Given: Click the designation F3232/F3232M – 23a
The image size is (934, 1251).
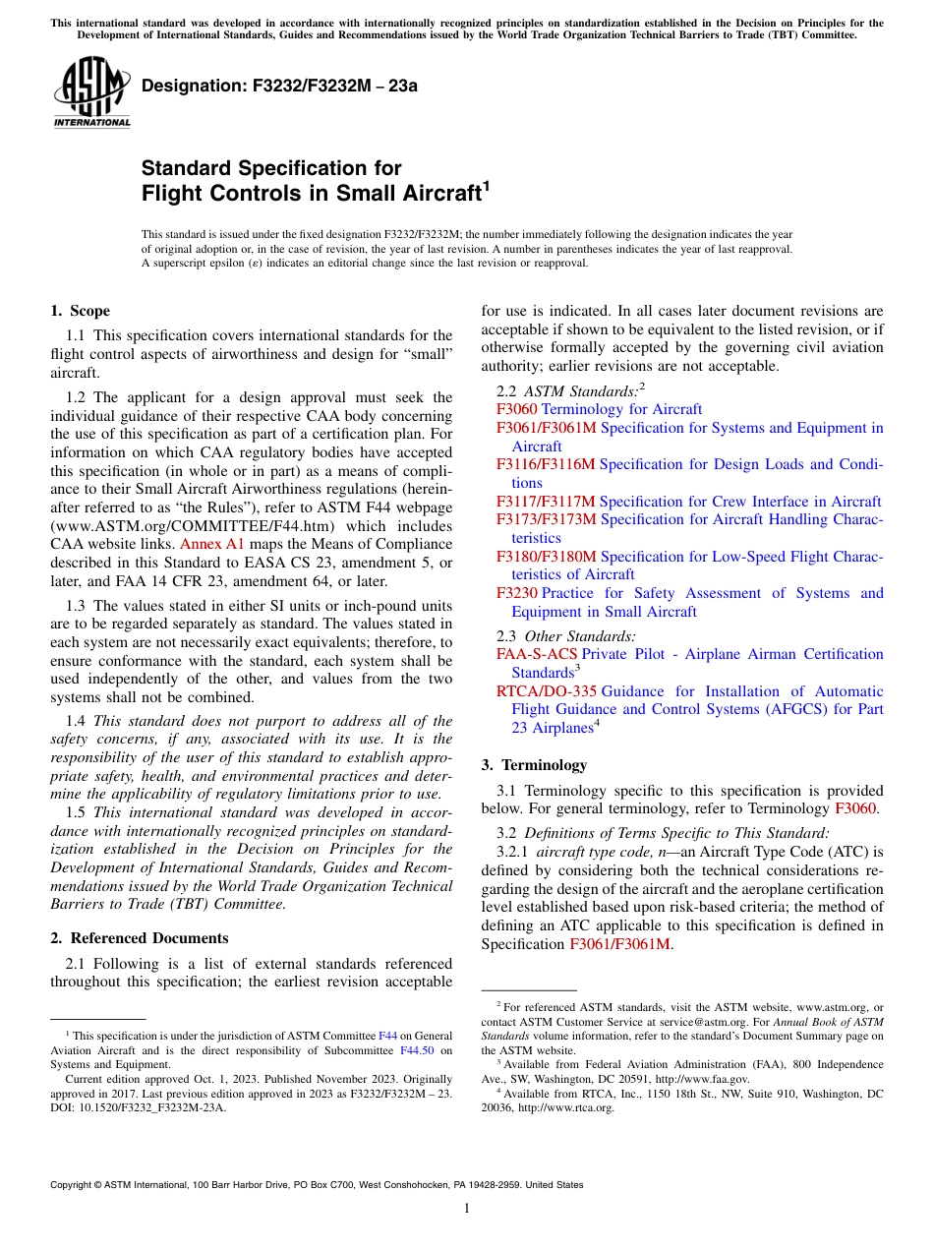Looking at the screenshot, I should [x=279, y=86].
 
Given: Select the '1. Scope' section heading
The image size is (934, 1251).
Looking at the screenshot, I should [x=80, y=312].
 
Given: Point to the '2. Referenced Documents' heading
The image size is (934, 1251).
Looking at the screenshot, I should [x=139, y=938].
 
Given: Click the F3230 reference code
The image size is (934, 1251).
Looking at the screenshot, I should [x=517, y=593].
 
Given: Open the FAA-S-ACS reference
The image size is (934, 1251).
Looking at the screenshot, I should [x=537, y=654].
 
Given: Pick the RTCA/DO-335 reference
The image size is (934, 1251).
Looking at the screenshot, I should [x=546, y=691].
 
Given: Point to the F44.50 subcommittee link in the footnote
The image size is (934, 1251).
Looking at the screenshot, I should [x=418, y=1049].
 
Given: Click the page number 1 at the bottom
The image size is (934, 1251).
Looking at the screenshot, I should [x=467, y=1209].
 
